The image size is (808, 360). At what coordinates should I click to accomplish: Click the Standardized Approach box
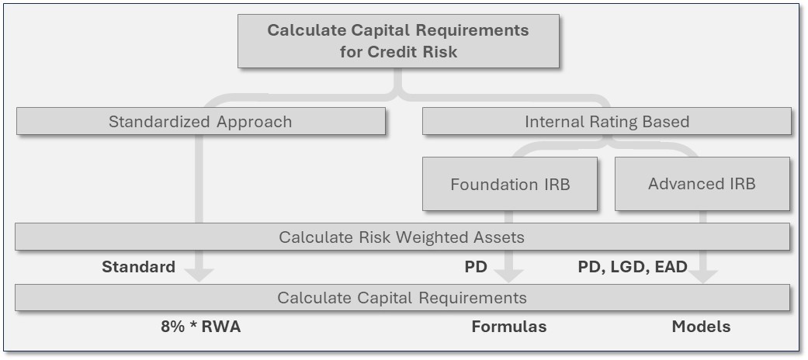[200, 122]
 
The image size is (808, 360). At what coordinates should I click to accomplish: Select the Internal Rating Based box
[607, 122]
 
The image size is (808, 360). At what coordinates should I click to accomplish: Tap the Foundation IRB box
[510, 185]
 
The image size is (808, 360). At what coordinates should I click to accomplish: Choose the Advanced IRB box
[702, 184]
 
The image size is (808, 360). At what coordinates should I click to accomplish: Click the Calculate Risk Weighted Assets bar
[402, 237]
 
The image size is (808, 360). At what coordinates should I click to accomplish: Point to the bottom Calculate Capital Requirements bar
[402, 298]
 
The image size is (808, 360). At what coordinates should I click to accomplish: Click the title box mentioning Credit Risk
[398, 41]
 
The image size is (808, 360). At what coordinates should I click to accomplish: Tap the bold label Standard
[138, 267]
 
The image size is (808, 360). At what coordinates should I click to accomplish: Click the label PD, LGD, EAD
[633, 267]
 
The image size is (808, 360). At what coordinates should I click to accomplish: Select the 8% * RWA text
[201, 327]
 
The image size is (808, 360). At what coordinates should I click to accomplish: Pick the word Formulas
[508, 327]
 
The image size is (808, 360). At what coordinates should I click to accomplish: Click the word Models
[701, 327]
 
